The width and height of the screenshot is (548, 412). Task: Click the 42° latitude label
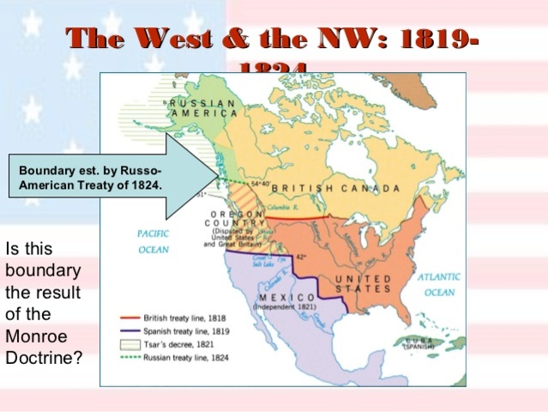[301, 256]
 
